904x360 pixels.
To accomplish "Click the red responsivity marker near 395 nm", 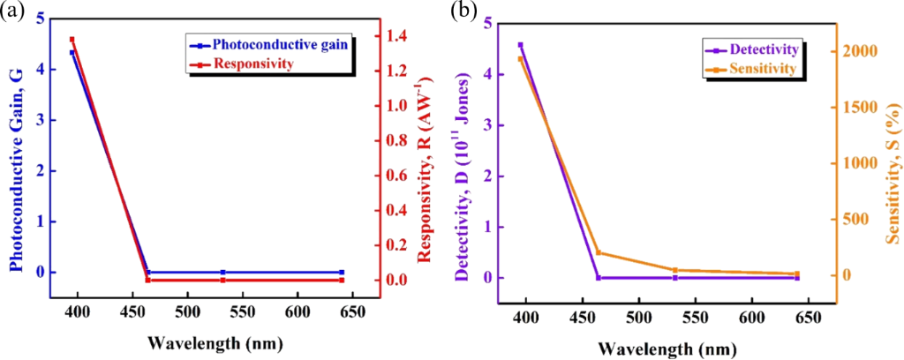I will [72, 39].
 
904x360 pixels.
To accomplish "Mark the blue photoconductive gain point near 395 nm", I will [72, 53].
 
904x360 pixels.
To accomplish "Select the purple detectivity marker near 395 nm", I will [520, 44].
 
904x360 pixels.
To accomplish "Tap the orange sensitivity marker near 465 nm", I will [598, 252].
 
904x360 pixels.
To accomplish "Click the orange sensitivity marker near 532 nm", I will [674, 270].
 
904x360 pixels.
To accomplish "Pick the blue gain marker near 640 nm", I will [342, 272].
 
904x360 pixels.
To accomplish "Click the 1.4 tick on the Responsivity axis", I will [399, 36].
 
